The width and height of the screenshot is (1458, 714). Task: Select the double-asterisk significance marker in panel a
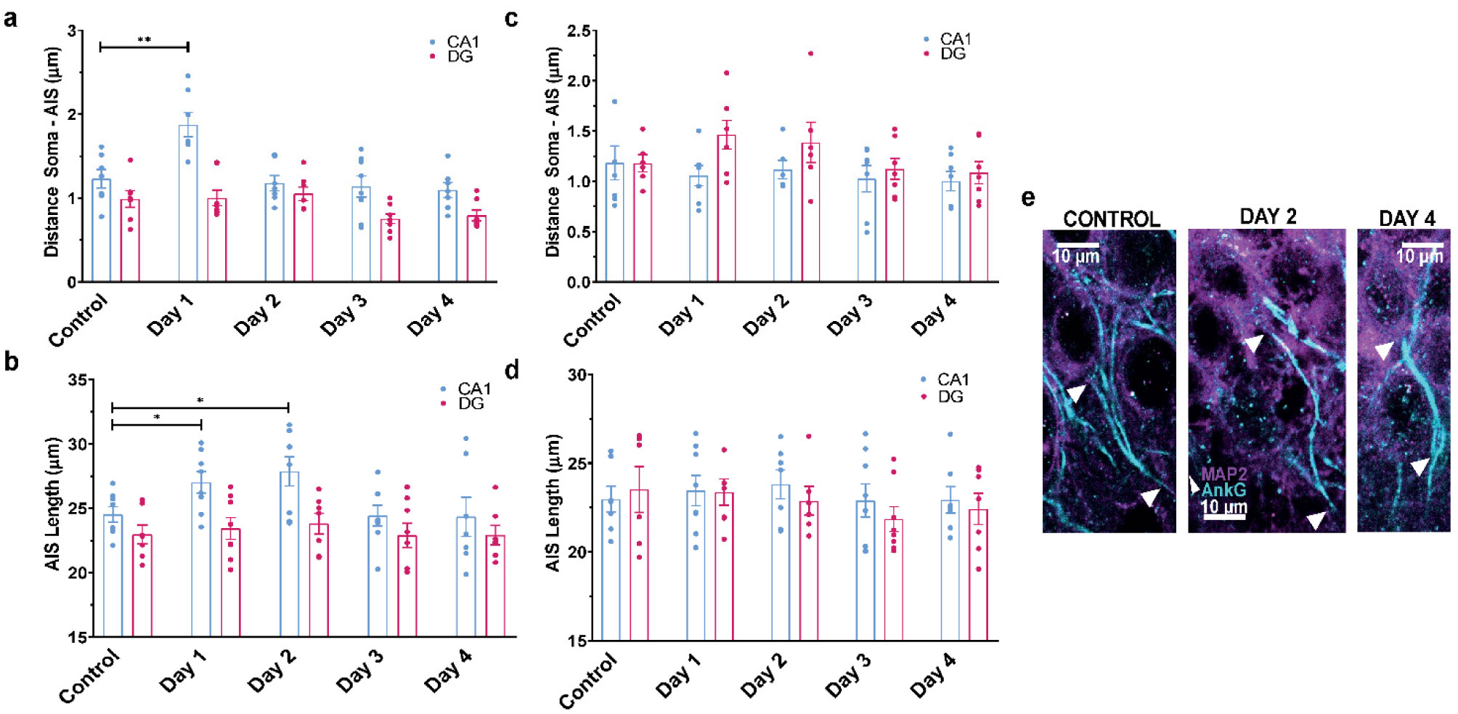[144, 39]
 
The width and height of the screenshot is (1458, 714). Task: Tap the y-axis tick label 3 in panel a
[72, 31]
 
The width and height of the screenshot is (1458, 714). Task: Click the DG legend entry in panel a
[460, 57]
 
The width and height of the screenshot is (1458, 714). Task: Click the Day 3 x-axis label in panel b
[359, 669]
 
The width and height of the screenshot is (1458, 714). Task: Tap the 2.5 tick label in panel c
[582, 31]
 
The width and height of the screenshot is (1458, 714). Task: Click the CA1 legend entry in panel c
[955, 38]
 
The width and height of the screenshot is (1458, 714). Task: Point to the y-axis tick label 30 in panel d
[577, 375]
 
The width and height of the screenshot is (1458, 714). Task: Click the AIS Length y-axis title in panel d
[553, 503]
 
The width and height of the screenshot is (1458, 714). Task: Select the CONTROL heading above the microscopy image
[1111, 219]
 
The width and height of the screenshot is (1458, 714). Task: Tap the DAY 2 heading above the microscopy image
[1268, 216]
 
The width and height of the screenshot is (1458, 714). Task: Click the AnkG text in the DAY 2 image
[1223, 490]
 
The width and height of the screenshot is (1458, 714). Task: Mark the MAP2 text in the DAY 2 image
[1224, 475]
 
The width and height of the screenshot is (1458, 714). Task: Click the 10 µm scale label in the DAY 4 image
[1420, 256]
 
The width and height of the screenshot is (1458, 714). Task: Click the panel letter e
[1027, 197]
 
